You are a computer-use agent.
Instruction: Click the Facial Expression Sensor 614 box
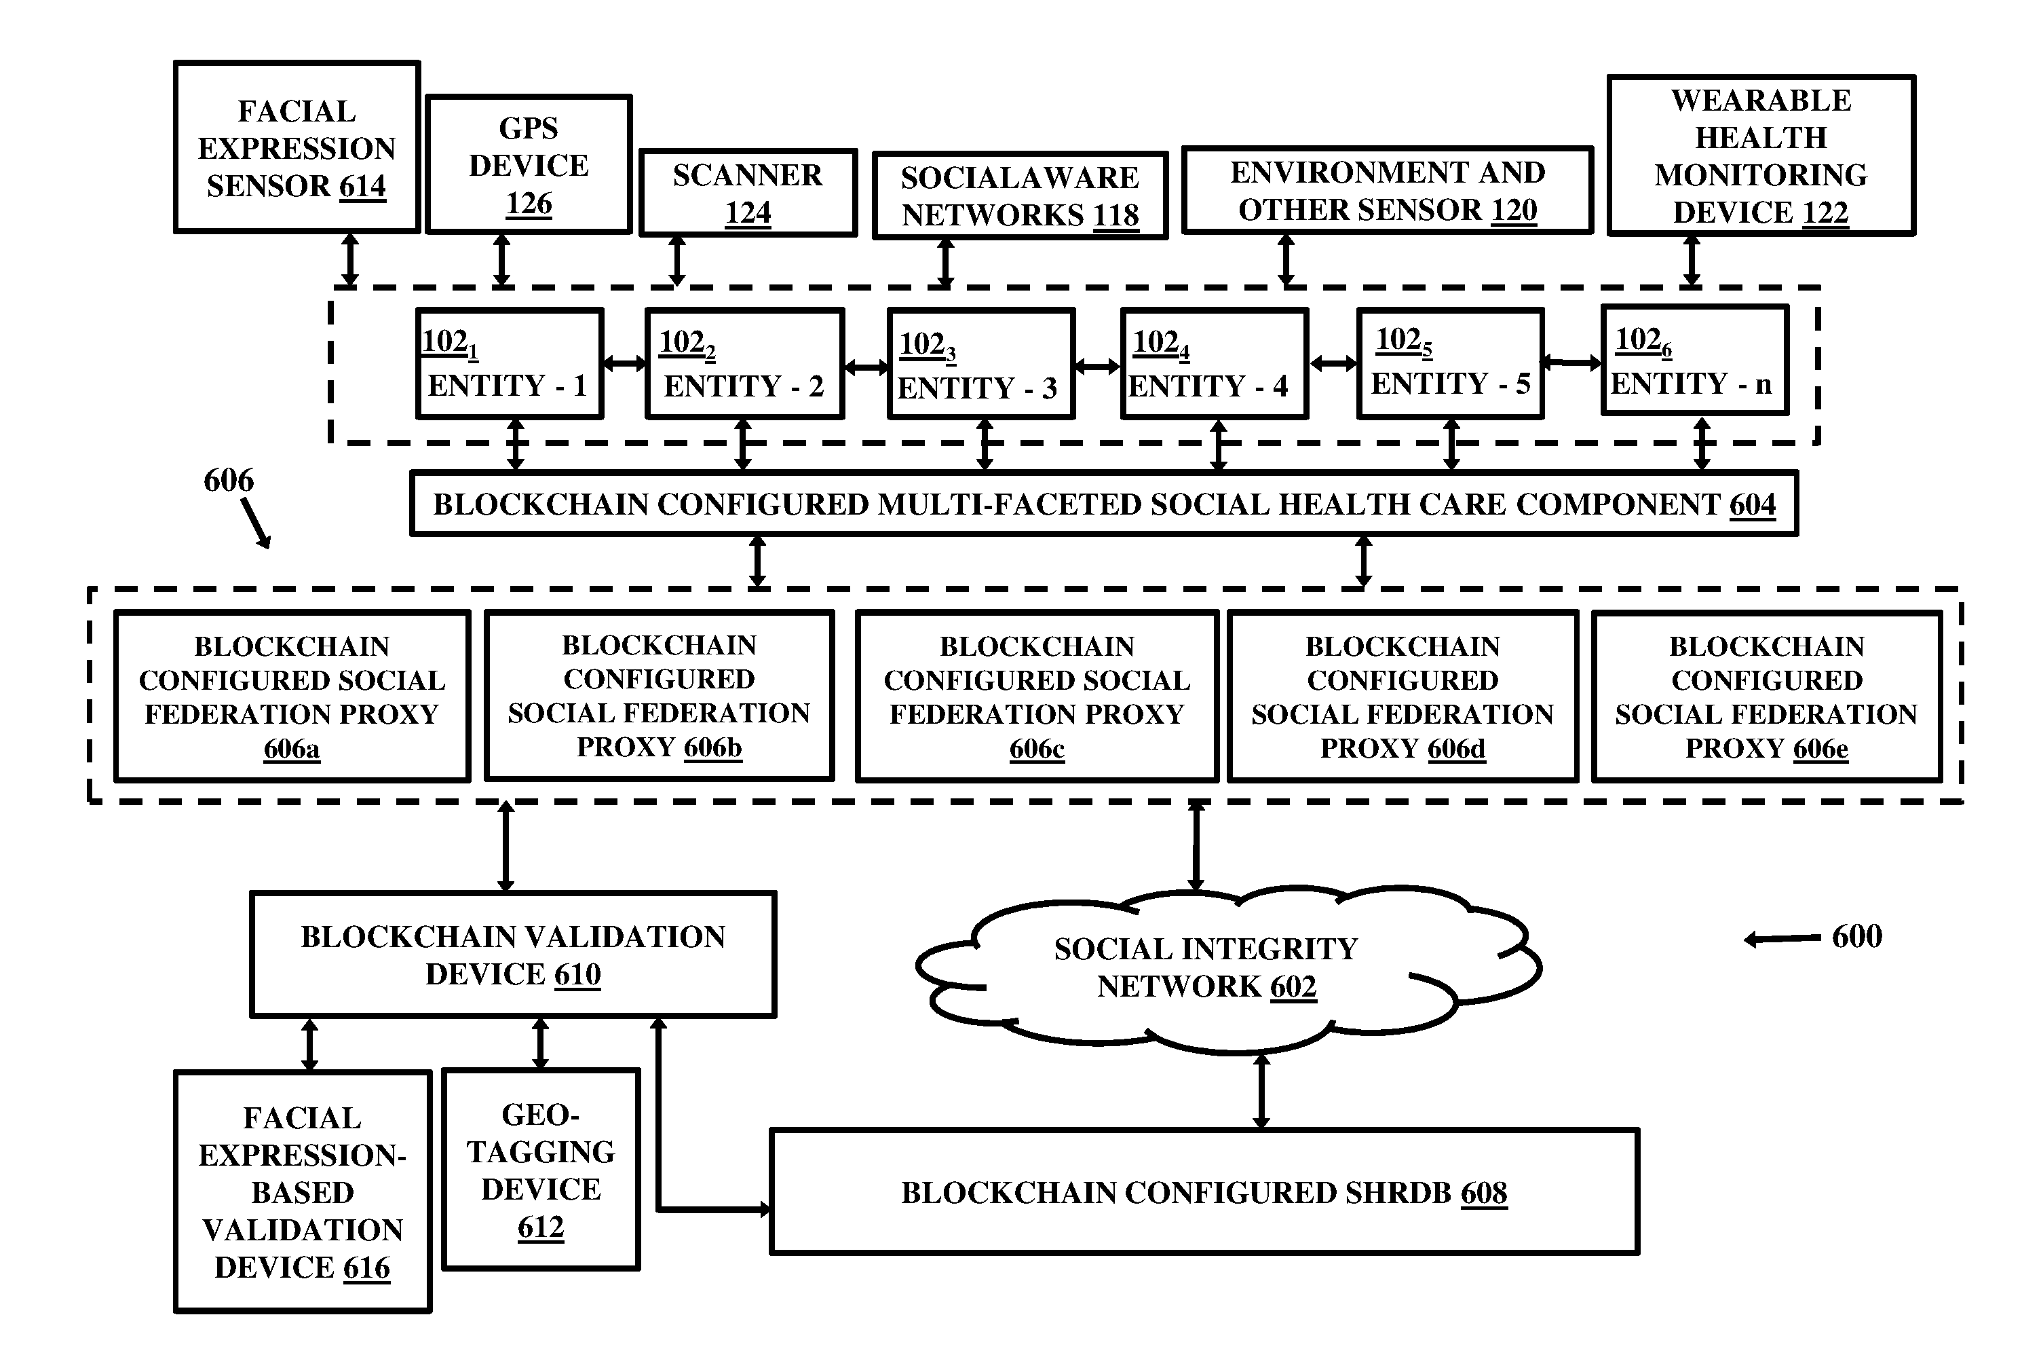click(x=297, y=147)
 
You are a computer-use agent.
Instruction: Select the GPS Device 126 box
click(x=529, y=164)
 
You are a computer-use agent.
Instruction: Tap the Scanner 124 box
click(x=748, y=192)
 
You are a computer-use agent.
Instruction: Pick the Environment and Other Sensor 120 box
click(x=1388, y=189)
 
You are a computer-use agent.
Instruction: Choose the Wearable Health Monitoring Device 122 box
click(x=1761, y=155)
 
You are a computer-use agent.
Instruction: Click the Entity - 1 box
click(x=510, y=364)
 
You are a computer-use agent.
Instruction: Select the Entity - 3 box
click(x=981, y=365)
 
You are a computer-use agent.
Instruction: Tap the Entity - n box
click(x=1695, y=360)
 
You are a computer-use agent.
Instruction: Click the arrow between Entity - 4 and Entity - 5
click(x=1333, y=364)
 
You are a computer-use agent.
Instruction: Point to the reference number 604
click(x=1752, y=505)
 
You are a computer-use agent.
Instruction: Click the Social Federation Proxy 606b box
click(x=660, y=695)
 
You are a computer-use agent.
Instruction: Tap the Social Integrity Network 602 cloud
click(x=1227, y=968)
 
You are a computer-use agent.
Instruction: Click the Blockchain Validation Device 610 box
click(x=514, y=955)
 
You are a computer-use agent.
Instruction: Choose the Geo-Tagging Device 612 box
click(x=541, y=1170)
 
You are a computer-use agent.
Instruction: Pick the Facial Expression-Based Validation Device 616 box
click(x=303, y=1191)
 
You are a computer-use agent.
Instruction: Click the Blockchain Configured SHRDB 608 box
click(x=1204, y=1192)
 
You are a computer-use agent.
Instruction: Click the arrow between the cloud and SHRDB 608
click(x=1261, y=1092)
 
